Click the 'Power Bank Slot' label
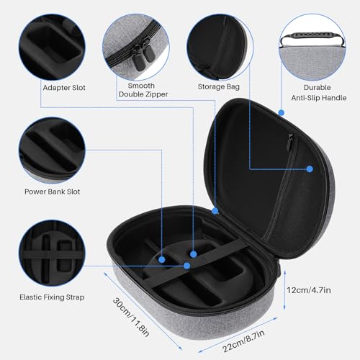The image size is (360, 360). click(x=53, y=192)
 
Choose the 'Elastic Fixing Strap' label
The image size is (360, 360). click(x=53, y=295)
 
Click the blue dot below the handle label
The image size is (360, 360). click(x=282, y=112)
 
